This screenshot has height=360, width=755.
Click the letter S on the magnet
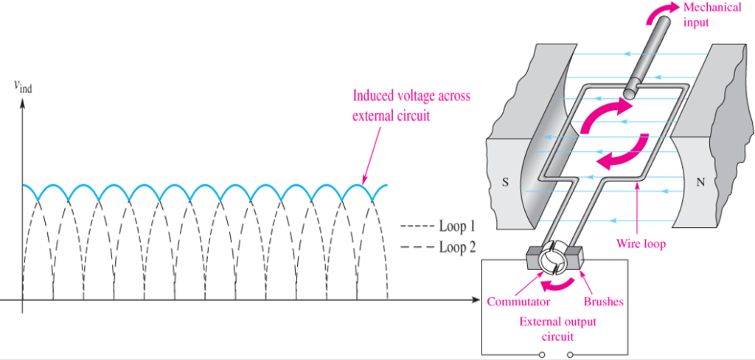pyautogui.click(x=505, y=183)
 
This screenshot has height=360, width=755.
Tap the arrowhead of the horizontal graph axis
pyautogui.click(x=473, y=300)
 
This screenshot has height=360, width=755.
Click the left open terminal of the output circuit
pyautogui.click(x=543, y=355)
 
